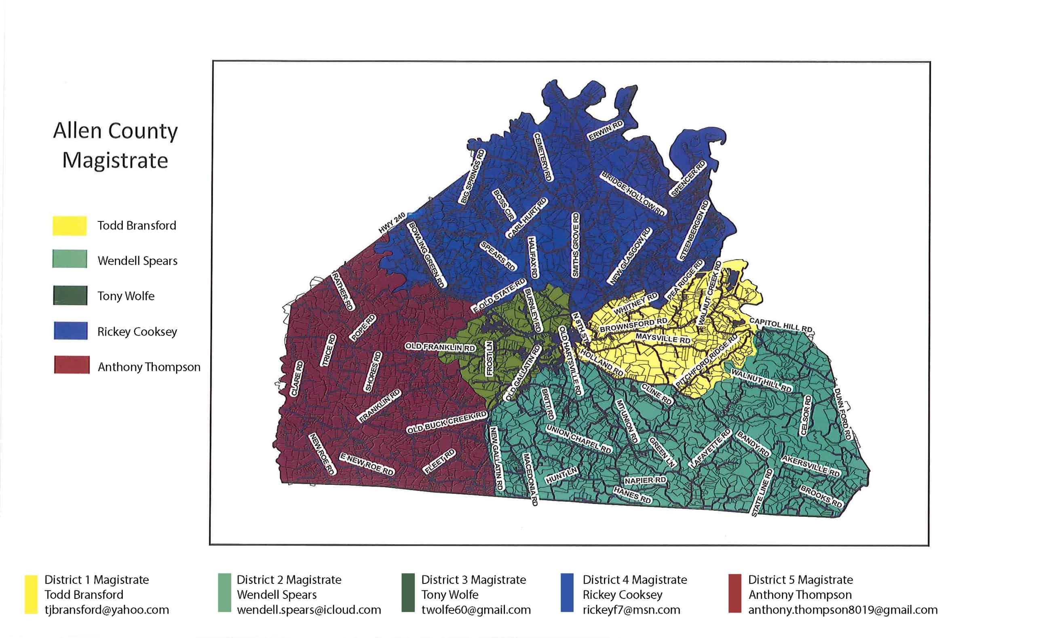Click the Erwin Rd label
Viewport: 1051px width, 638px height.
(605, 131)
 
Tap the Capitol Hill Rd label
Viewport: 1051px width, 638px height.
(781, 325)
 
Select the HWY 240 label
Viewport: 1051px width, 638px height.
(392, 223)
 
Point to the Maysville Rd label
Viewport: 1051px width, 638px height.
(663, 339)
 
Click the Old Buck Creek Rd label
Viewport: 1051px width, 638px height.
(446, 422)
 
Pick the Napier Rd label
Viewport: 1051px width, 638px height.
(645, 480)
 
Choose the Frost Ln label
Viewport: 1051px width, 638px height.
(490, 358)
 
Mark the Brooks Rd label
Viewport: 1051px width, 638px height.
(821, 497)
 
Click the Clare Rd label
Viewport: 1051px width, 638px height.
(297, 378)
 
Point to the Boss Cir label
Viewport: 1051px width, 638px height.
(504, 205)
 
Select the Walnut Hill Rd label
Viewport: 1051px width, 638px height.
(762, 380)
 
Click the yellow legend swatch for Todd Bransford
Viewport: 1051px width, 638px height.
(70, 225)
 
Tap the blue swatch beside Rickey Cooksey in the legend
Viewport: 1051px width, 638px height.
(70, 331)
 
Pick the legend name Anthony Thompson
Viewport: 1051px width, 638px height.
(149, 367)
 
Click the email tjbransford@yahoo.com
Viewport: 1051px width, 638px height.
(107, 610)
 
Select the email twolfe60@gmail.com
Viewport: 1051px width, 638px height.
(476, 610)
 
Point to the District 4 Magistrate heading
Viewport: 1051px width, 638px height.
(635, 579)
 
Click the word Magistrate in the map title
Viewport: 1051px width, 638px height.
(115, 161)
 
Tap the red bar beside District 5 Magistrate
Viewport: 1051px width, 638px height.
(734, 593)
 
